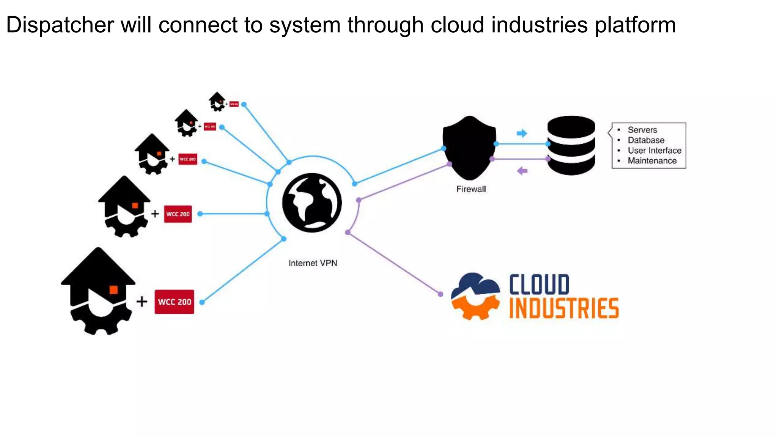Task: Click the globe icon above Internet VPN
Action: pos(312,203)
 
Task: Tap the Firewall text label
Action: pos(471,189)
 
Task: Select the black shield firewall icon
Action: pos(469,148)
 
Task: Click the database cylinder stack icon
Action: pos(571,146)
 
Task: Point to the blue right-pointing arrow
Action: pos(522,133)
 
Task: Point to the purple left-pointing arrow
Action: pos(522,171)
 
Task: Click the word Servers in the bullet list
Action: pos(642,130)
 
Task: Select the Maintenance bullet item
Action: pos(652,161)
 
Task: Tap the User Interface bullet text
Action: pos(654,151)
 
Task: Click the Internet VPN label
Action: pos(313,263)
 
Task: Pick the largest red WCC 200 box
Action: pos(174,302)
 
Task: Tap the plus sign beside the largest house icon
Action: pos(142,302)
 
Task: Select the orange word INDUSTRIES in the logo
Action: pos(564,308)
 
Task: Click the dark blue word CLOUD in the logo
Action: pos(539,285)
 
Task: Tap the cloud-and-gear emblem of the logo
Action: pos(475,296)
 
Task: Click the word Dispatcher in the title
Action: pos(60,25)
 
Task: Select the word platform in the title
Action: pos(635,25)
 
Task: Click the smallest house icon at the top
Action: pos(217,101)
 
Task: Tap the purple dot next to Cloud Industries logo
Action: pos(440,294)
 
